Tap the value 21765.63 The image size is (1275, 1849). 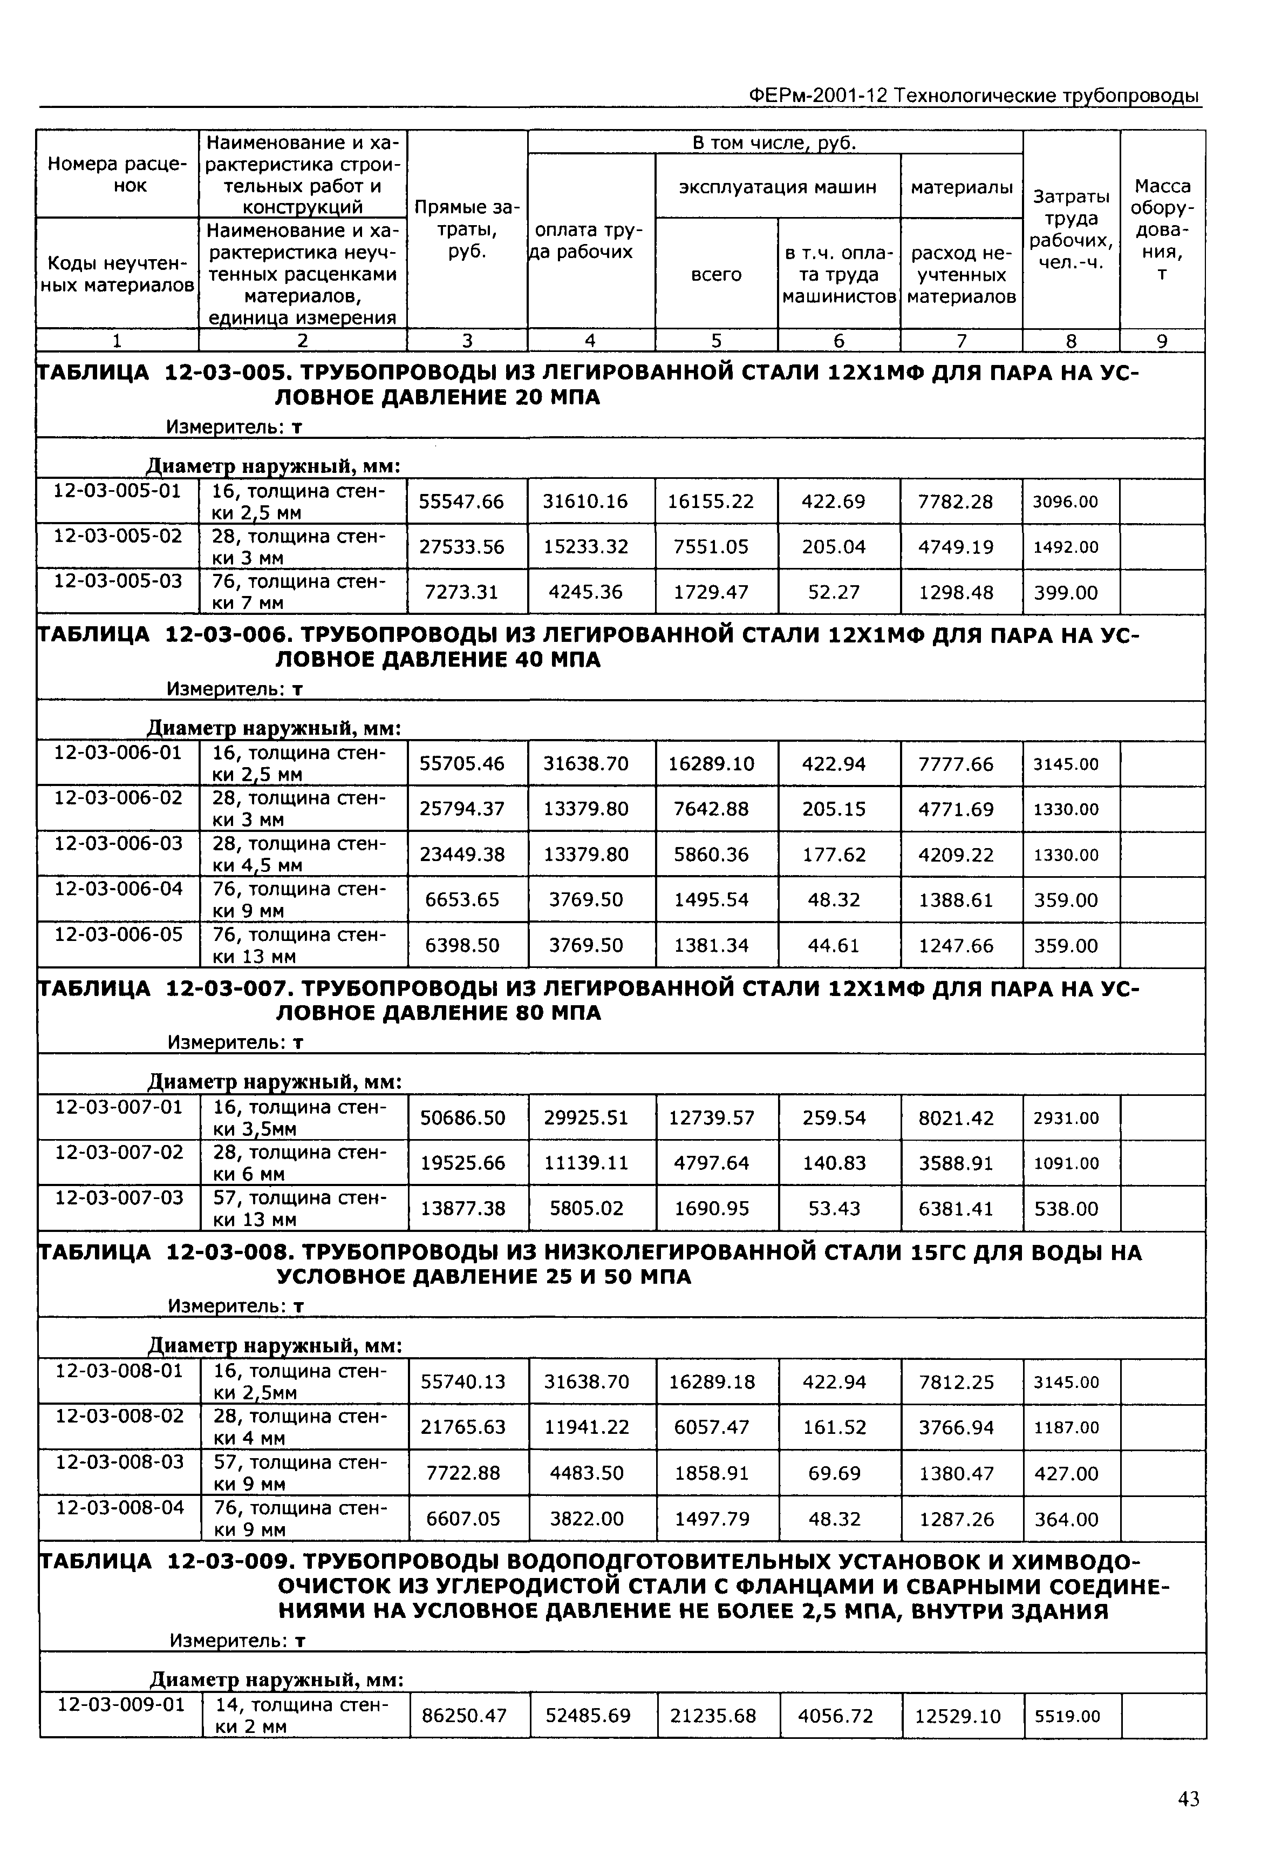point(463,1427)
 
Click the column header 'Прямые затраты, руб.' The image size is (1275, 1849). point(467,229)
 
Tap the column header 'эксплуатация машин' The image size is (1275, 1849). point(778,186)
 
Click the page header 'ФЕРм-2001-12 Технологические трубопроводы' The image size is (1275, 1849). point(974,96)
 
